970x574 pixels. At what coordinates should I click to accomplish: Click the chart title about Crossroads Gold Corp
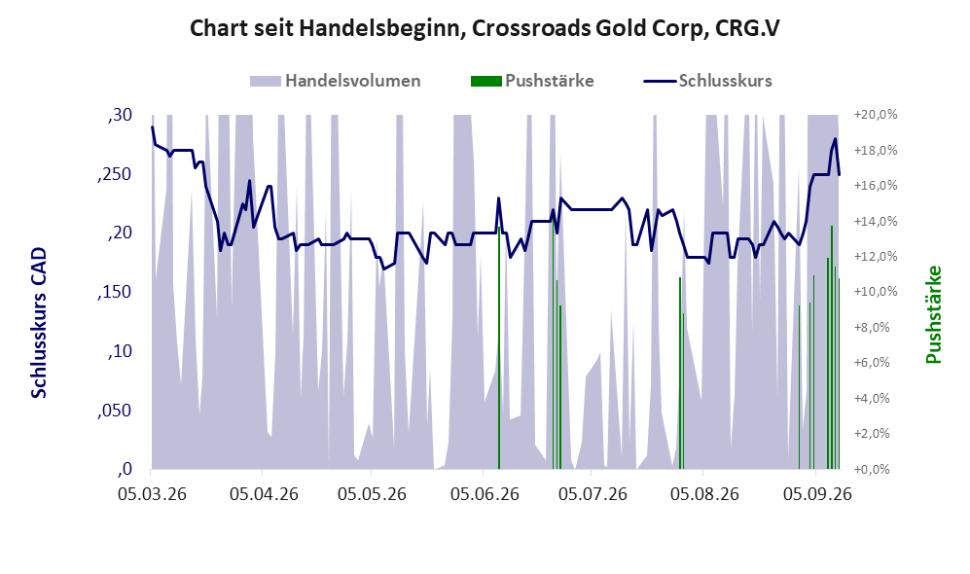pos(485,28)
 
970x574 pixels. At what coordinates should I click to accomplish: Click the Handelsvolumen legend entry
pos(336,81)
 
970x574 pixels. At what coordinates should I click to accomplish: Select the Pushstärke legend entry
pos(532,81)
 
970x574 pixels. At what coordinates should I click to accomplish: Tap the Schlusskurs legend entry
pos(707,81)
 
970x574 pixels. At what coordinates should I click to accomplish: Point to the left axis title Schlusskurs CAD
pos(39,323)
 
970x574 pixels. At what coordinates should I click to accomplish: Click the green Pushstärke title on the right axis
pos(933,315)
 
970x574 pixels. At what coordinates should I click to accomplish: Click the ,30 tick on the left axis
pos(120,115)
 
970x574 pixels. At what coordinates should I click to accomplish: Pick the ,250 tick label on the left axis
pos(115,174)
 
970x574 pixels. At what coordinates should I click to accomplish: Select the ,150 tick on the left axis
pos(115,292)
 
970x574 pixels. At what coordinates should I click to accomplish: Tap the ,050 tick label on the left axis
pos(115,411)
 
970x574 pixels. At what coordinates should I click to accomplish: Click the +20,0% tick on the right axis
pos(876,115)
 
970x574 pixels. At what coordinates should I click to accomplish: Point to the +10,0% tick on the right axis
pos(876,292)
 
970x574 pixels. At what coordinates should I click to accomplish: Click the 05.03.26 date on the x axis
pos(152,494)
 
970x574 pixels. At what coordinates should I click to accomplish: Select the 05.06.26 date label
pos(485,494)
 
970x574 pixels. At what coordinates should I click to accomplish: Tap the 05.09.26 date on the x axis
pos(818,494)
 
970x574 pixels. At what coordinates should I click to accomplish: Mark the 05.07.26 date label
pos(593,494)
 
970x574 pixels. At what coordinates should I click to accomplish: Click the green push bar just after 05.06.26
pos(499,348)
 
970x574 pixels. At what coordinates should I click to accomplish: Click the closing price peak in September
pos(835,138)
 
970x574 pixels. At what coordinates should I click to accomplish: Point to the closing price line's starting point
pos(152,126)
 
